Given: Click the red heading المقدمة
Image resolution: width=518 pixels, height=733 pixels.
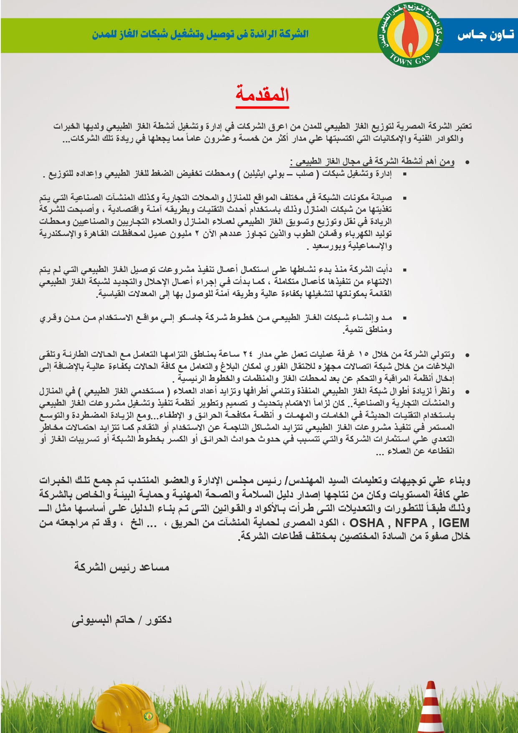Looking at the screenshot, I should pos(262,94).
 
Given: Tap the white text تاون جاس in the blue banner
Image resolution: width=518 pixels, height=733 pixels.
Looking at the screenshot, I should pos(485,35).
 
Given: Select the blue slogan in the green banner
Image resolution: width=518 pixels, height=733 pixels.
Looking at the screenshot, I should pos(200,34).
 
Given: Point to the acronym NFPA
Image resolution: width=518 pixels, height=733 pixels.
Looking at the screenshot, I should pos(411,523).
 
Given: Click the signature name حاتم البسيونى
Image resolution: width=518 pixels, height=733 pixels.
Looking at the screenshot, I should pos(103,620).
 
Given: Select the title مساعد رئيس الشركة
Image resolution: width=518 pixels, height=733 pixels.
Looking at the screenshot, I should pos(121,567).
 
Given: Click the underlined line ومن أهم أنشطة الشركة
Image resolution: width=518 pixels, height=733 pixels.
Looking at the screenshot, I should pos(372,162).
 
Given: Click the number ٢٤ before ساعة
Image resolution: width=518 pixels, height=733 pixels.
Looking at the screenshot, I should pos(248,354).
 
